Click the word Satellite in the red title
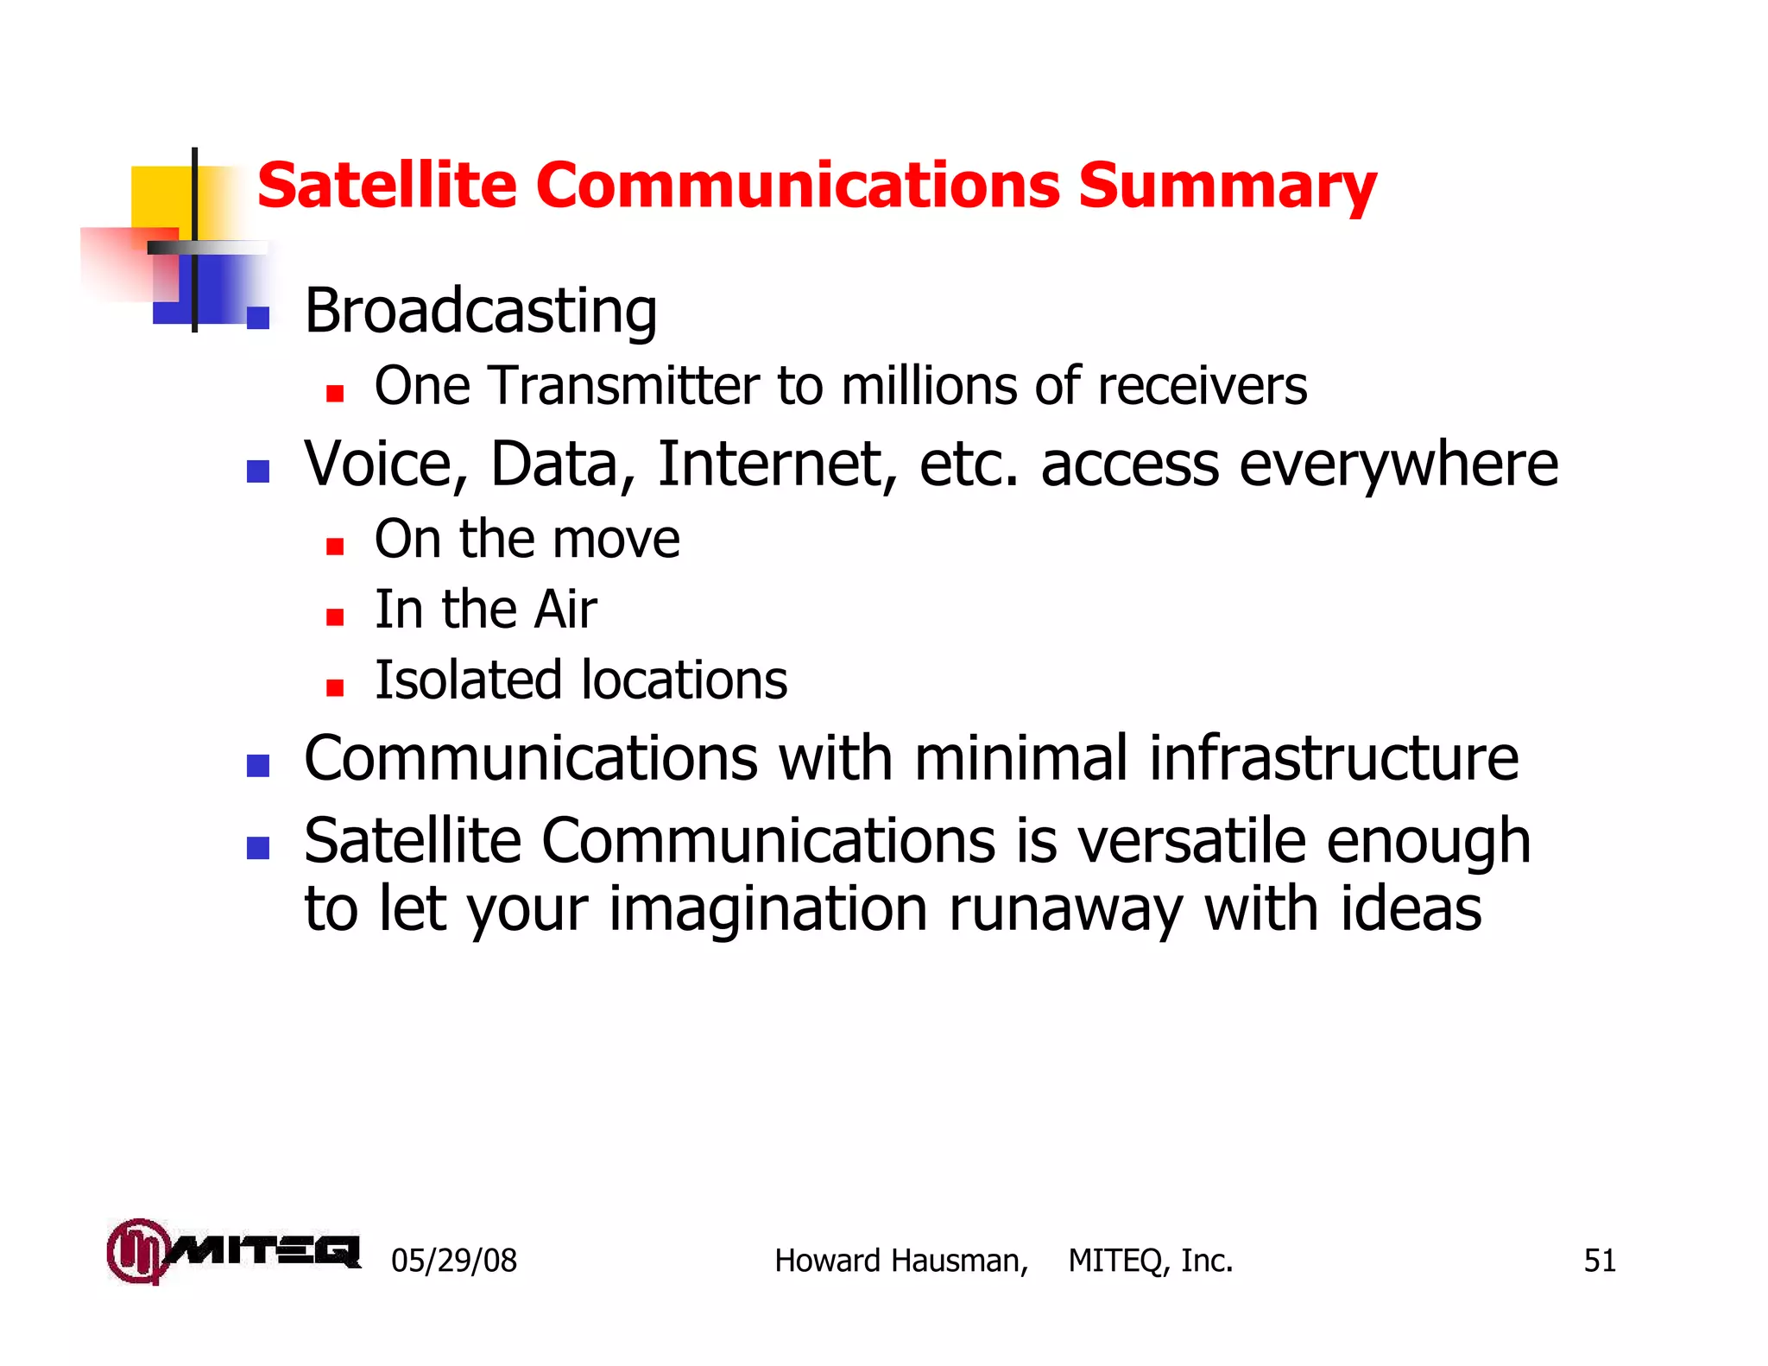pyautogui.click(x=386, y=187)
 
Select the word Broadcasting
pyautogui.click(x=481, y=312)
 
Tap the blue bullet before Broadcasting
pyautogui.click(x=258, y=318)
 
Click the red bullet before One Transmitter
pyautogui.click(x=335, y=394)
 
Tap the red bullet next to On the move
pyautogui.click(x=335, y=546)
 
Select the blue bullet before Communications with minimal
pyautogui.click(x=258, y=765)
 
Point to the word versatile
pyautogui.click(x=1191, y=841)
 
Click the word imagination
pyautogui.click(x=767, y=910)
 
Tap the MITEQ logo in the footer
pyautogui.click(x=233, y=1251)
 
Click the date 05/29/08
pyautogui.click(x=454, y=1261)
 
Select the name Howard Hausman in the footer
pyautogui.click(x=900, y=1261)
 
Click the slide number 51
pyautogui.click(x=1599, y=1261)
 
